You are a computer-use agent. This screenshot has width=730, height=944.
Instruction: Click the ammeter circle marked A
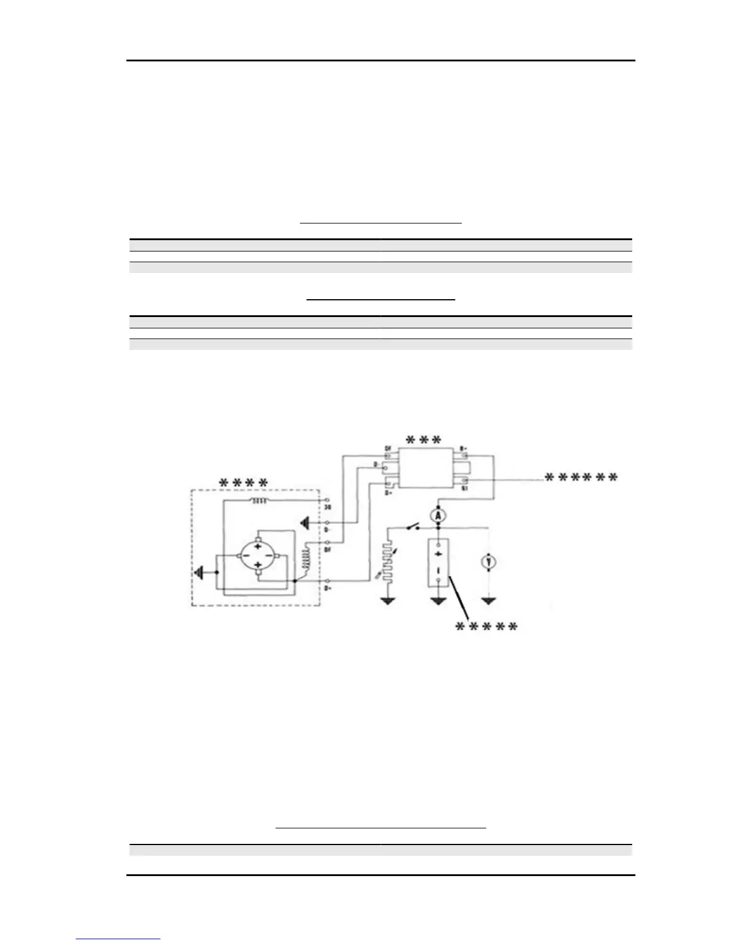[438, 516]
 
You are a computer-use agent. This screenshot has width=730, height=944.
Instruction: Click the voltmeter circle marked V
[489, 561]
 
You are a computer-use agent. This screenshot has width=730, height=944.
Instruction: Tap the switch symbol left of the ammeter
[412, 527]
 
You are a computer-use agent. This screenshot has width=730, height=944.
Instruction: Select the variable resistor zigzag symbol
[388, 561]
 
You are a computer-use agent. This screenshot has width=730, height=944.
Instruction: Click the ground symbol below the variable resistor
[388, 600]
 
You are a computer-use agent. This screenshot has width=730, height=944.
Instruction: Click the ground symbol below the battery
[438, 600]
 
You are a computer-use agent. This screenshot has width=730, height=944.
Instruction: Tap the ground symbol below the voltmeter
[489, 600]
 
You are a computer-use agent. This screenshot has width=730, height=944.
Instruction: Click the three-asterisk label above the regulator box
[423, 440]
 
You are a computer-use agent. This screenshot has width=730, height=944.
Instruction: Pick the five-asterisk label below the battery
[486, 627]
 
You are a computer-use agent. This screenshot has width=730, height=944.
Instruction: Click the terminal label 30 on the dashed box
[327, 507]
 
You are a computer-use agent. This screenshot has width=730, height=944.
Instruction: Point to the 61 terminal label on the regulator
[464, 487]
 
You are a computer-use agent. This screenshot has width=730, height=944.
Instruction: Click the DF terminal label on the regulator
[388, 448]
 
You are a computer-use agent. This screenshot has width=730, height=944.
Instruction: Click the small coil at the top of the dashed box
[260, 501]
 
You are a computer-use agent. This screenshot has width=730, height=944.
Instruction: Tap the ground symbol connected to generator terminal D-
[305, 523]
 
